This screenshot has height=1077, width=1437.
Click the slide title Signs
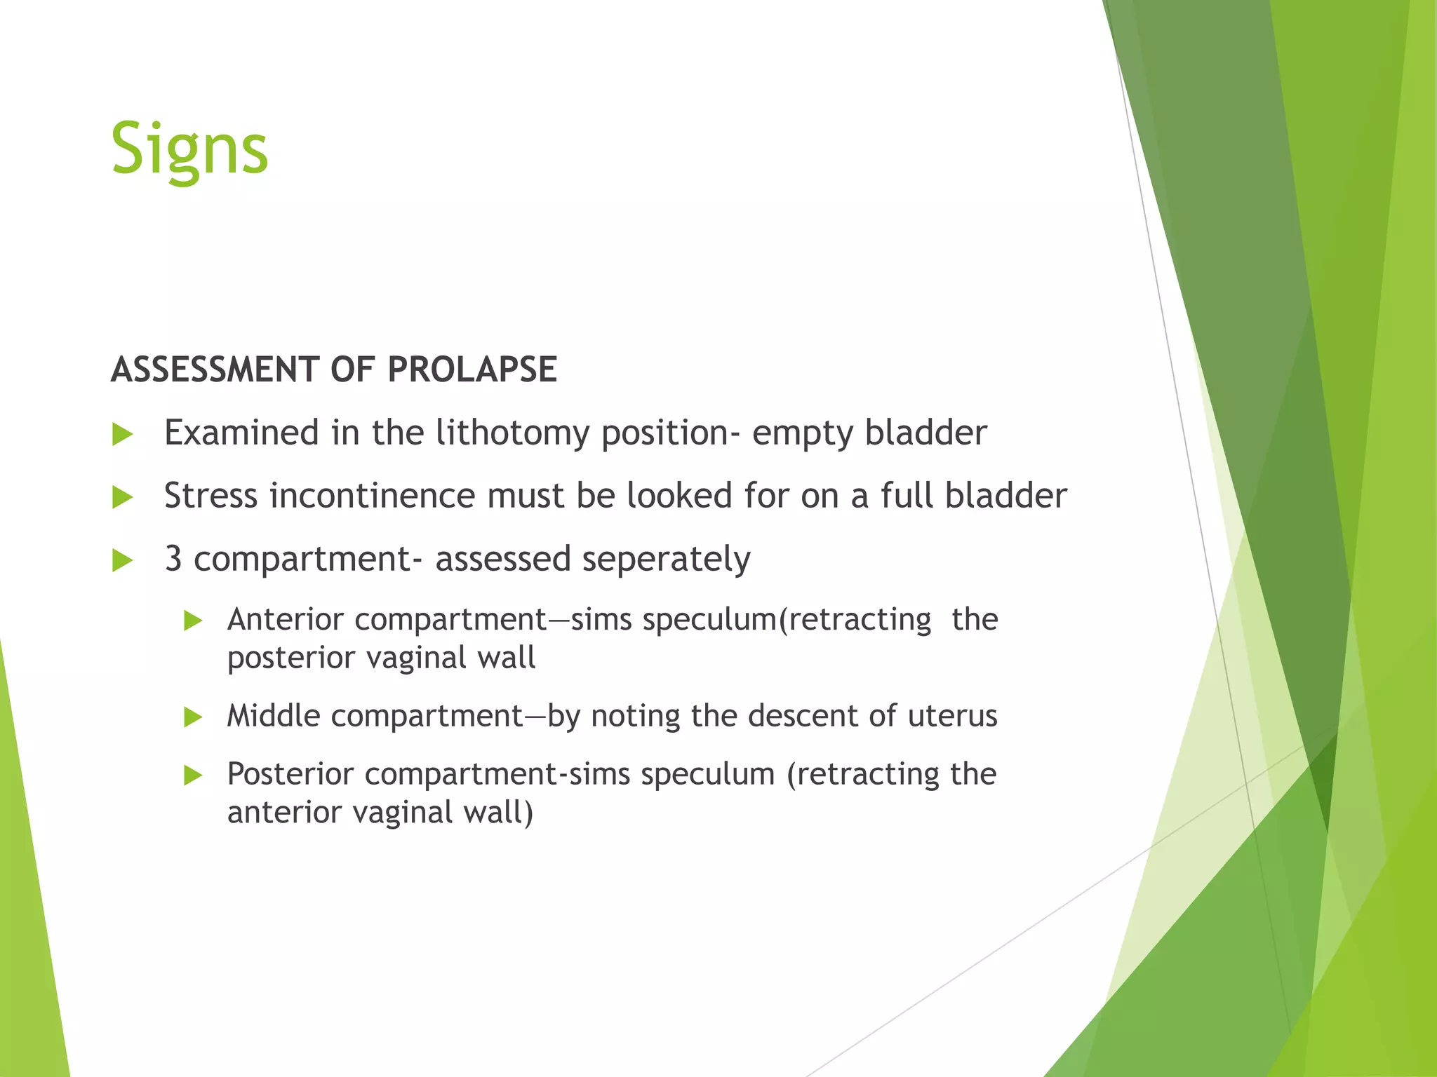coord(189,149)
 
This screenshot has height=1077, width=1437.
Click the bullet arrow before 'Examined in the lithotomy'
coord(123,435)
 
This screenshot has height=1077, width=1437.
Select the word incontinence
coord(373,496)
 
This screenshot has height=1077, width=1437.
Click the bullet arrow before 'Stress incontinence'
coord(123,498)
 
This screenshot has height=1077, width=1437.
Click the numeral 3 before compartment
coord(173,559)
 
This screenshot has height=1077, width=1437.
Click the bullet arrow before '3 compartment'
coord(123,561)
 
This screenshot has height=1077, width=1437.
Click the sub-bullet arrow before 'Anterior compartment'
coord(193,621)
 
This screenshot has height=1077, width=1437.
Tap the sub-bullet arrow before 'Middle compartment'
coord(193,717)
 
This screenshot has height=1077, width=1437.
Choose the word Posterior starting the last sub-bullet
coord(290,774)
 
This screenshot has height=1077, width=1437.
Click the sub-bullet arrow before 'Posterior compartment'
coord(193,775)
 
